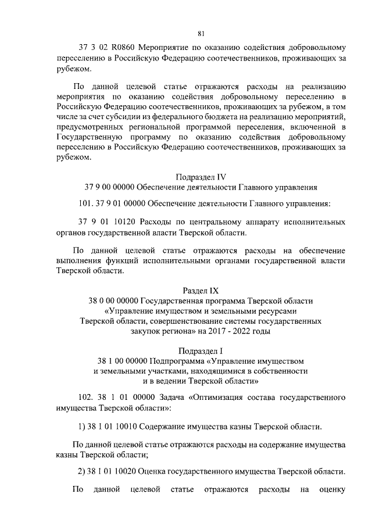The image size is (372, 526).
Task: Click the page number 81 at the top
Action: pos(201,33)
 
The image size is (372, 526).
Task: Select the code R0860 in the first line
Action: pos(126,47)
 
